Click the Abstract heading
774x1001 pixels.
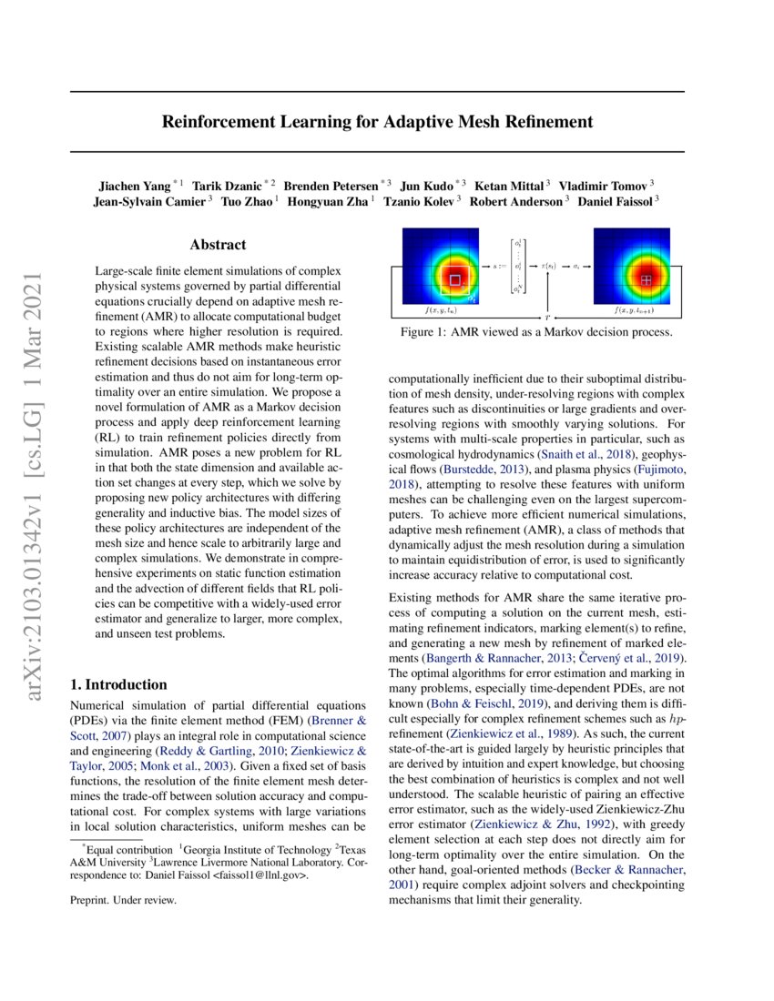tap(218, 245)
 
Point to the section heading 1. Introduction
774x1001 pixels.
tap(118, 684)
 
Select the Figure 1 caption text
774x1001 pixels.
tap(536, 333)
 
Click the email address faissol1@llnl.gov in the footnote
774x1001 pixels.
tap(260, 875)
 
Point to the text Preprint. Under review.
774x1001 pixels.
tap(123, 900)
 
